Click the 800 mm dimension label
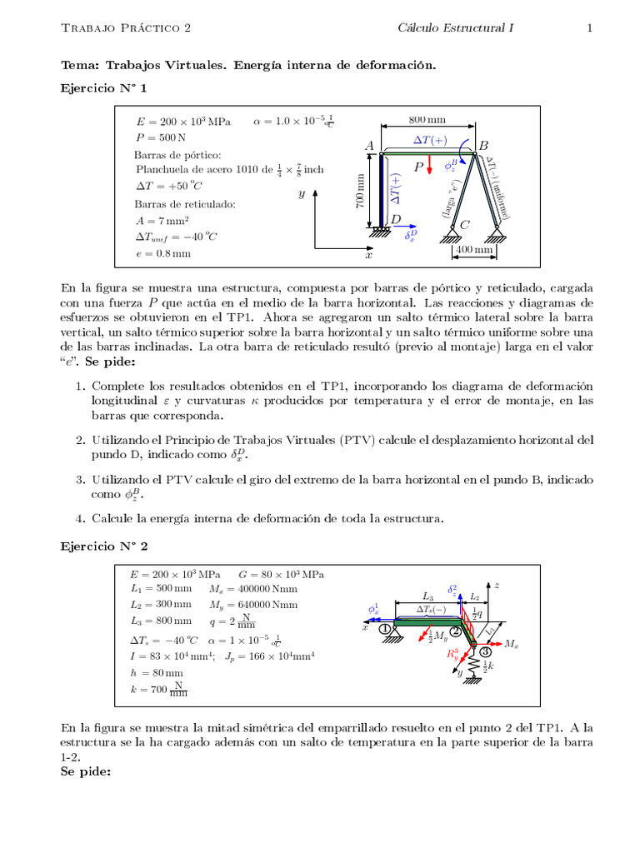click(x=427, y=119)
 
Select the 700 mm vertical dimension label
click(x=362, y=191)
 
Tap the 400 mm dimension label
click(x=472, y=250)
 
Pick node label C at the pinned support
click(x=465, y=224)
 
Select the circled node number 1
click(x=385, y=630)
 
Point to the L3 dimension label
click(x=427, y=596)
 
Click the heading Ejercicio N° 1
click(x=104, y=87)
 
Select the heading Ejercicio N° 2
click(x=104, y=546)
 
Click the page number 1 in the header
click(x=589, y=28)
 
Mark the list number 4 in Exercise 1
click(x=80, y=518)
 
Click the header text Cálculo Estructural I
click(x=455, y=28)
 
